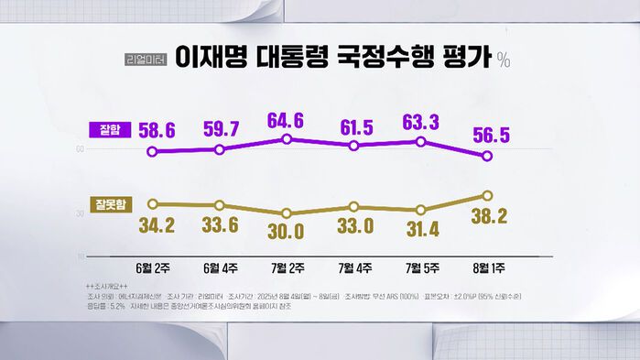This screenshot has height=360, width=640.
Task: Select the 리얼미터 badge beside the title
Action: coord(146,60)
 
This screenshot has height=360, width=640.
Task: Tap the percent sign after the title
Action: coord(504,60)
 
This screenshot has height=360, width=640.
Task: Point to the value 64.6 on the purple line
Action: coord(286,119)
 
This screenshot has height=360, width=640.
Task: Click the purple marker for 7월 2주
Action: coord(287,139)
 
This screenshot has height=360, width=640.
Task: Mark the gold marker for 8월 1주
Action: coord(487,196)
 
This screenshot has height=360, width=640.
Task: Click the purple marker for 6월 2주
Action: coord(153,152)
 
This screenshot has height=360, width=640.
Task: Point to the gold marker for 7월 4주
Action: coord(354,207)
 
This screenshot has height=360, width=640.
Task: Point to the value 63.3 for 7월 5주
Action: coord(423,122)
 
